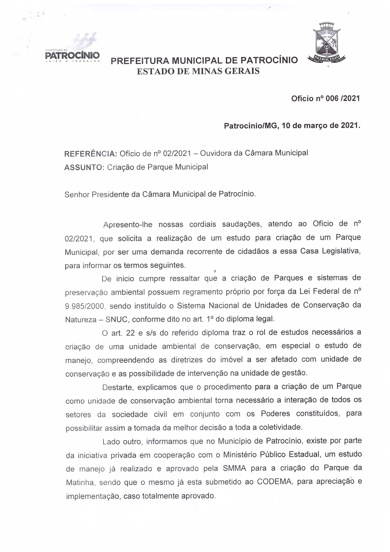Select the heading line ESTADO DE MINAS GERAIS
198,71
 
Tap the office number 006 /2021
343,98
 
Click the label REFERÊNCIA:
91,153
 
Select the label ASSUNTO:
84,167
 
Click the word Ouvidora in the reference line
215,153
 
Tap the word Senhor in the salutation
77,194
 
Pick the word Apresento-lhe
128,225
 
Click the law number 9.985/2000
85,306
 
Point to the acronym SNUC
116,320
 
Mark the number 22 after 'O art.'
130,333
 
